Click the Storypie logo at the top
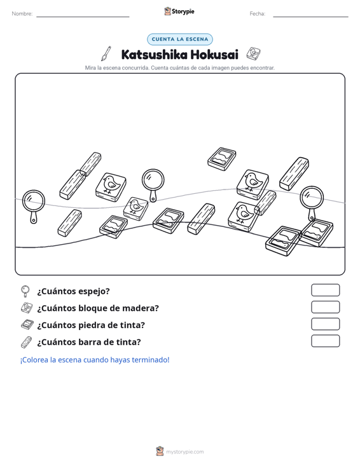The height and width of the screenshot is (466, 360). [179, 11]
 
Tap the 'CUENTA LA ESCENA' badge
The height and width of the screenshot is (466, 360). [180, 39]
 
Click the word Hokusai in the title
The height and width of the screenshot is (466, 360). [214, 55]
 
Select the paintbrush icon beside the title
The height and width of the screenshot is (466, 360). [106, 53]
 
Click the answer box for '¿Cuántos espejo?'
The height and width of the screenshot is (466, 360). [325, 290]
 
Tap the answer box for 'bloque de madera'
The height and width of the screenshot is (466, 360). [325, 307]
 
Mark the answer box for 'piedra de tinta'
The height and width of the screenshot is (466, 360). [325, 324]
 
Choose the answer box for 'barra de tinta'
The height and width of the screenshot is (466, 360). [325, 341]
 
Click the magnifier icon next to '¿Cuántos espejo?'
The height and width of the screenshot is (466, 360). [25, 291]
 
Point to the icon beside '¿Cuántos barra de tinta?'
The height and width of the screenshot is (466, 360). [26, 342]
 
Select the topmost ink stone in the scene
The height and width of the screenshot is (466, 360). [222, 159]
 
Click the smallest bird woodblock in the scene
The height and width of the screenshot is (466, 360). [135, 209]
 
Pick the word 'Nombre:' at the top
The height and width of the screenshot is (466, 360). [22, 14]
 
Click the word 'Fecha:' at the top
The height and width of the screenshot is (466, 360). [258, 14]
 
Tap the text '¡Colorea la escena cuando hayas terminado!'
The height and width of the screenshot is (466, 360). [95, 360]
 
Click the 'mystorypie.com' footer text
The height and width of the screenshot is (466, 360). [185, 452]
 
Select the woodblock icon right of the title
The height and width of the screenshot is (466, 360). [254, 53]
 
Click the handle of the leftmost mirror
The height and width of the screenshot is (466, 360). [34, 217]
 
